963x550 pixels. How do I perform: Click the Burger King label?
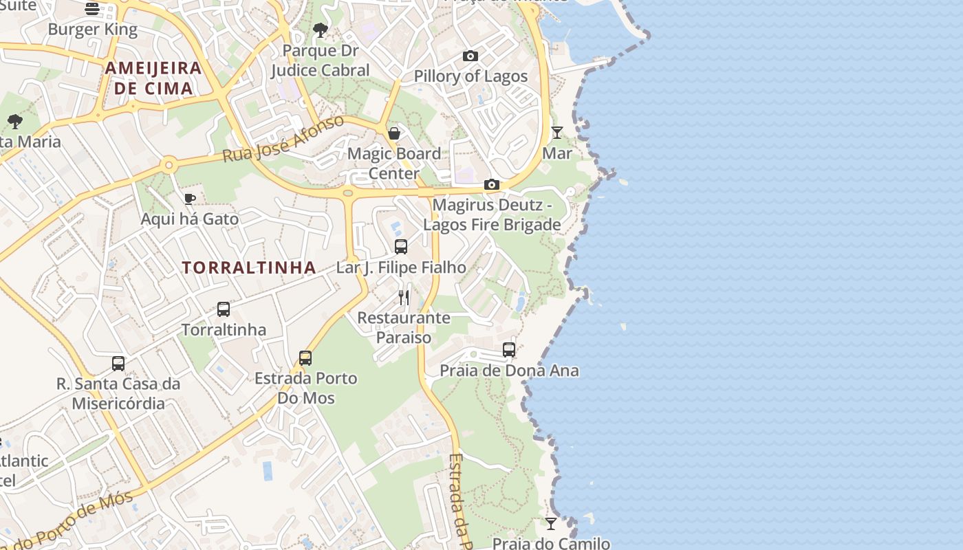pos(93,30)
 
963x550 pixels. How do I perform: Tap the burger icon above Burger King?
pos(92,8)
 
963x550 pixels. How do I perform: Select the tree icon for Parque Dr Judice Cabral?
pos(320,30)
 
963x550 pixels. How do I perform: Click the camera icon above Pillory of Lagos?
pos(470,56)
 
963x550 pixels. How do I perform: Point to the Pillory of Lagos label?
pos(470,76)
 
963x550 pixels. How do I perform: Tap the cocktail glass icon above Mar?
pos(557,132)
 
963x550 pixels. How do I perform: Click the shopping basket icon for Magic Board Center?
pos(394,133)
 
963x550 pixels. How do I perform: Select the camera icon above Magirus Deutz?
pos(491,184)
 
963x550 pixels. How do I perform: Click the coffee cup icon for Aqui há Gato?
pos(190,199)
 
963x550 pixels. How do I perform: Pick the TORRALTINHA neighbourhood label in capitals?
pos(249,267)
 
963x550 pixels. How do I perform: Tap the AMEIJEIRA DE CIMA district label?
pos(153,78)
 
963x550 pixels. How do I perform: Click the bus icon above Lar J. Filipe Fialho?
pos(401,246)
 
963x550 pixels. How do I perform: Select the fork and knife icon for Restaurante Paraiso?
pos(404,297)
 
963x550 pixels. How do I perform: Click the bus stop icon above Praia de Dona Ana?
pos(509,349)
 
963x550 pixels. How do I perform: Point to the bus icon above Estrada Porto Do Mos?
pos(305,357)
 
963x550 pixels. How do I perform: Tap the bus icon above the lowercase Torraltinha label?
pos(224,309)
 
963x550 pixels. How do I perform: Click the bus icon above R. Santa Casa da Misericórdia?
pos(118,363)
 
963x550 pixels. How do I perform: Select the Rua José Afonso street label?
pos(283,139)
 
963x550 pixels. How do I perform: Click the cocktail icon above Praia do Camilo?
pos(551,524)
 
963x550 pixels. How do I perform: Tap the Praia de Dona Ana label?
pos(509,371)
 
